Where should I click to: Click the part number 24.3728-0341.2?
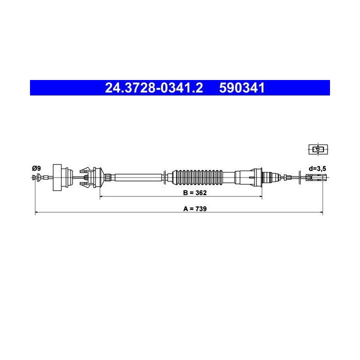pyautogui.click(x=154, y=88)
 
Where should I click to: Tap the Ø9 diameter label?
pyautogui.click(x=36, y=168)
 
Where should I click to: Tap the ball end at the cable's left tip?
pyautogui.click(x=35, y=177)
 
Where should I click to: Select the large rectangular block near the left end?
pyautogui.click(x=63, y=177)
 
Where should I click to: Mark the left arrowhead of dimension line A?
pyautogui.click(x=37, y=213)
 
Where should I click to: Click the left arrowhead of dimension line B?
pyautogui.click(x=102, y=196)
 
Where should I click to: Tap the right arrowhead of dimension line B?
pyautogui.click(x=260, y=196)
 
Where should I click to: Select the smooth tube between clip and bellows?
pyautogui.click(x=137, y=177)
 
